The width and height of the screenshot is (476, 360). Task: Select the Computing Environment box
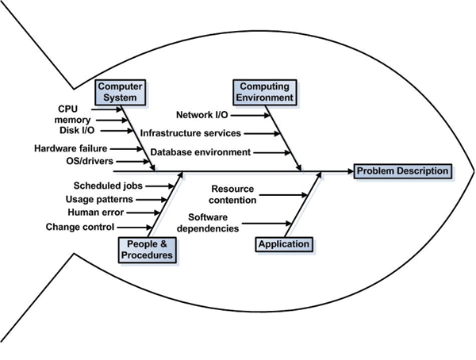pyautogui.click(x=264, y=92)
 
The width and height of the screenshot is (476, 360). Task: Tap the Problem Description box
pyautogui.click(x=402, y=170)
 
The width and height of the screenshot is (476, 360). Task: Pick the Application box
pyautogui.click(x=284, y=244)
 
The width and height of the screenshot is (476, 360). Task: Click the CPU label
pyautogui.click(x=68, y=109)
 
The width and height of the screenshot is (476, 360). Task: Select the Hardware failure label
pyautogui.click(x=71, y=147)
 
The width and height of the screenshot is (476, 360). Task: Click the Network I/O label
pyautogui.click(x=203, y=115)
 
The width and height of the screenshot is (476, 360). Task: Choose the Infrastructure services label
pyautogui.click(x=190, y=133)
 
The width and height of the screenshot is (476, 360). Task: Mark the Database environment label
pyautogui.click(x=201, y=151)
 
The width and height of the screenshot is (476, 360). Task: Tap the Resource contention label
pyautogui.click(x=232, y=193)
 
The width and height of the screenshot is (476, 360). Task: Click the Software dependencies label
pyautogui.click(x=213, y=223)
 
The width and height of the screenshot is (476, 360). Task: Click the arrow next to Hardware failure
pyautogui.click(x=128, y=147)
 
